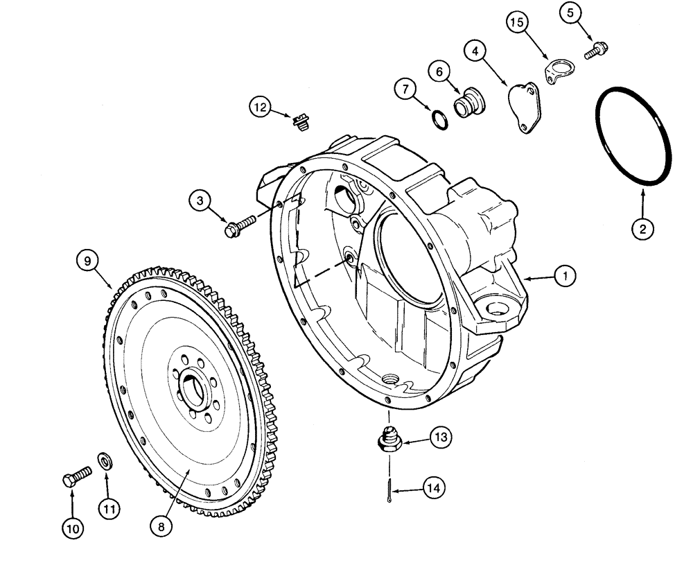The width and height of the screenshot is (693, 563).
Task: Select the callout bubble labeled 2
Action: point(642,229)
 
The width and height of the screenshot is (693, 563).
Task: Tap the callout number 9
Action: point(88,261)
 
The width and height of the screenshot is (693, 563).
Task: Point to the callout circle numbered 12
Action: point(261,107)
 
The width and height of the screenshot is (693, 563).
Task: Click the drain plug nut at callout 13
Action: point(390,441)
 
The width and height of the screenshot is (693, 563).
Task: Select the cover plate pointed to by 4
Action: point(523,107)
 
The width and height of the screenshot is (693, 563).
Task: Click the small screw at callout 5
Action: point(595,50)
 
